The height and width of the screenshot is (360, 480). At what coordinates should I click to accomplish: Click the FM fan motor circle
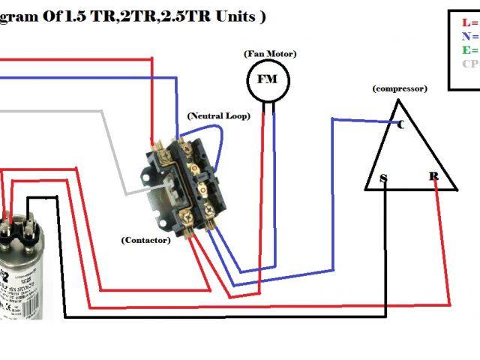pos(268,79)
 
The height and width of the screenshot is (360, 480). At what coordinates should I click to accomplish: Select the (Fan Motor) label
pos(269,54)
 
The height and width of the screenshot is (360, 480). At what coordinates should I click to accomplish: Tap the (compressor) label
pos(399,88)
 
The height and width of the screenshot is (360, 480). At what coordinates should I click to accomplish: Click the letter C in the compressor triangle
pos(400,124)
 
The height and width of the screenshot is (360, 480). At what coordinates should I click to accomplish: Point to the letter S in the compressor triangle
pos(383,178)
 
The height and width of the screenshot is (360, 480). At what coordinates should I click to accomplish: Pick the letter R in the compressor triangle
pos(433,176)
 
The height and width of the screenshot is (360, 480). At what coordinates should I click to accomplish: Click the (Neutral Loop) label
pos(218,117)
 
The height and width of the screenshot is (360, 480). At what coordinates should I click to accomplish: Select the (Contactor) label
pos(145,240)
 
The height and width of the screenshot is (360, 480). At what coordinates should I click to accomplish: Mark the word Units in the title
pos(233,16)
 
